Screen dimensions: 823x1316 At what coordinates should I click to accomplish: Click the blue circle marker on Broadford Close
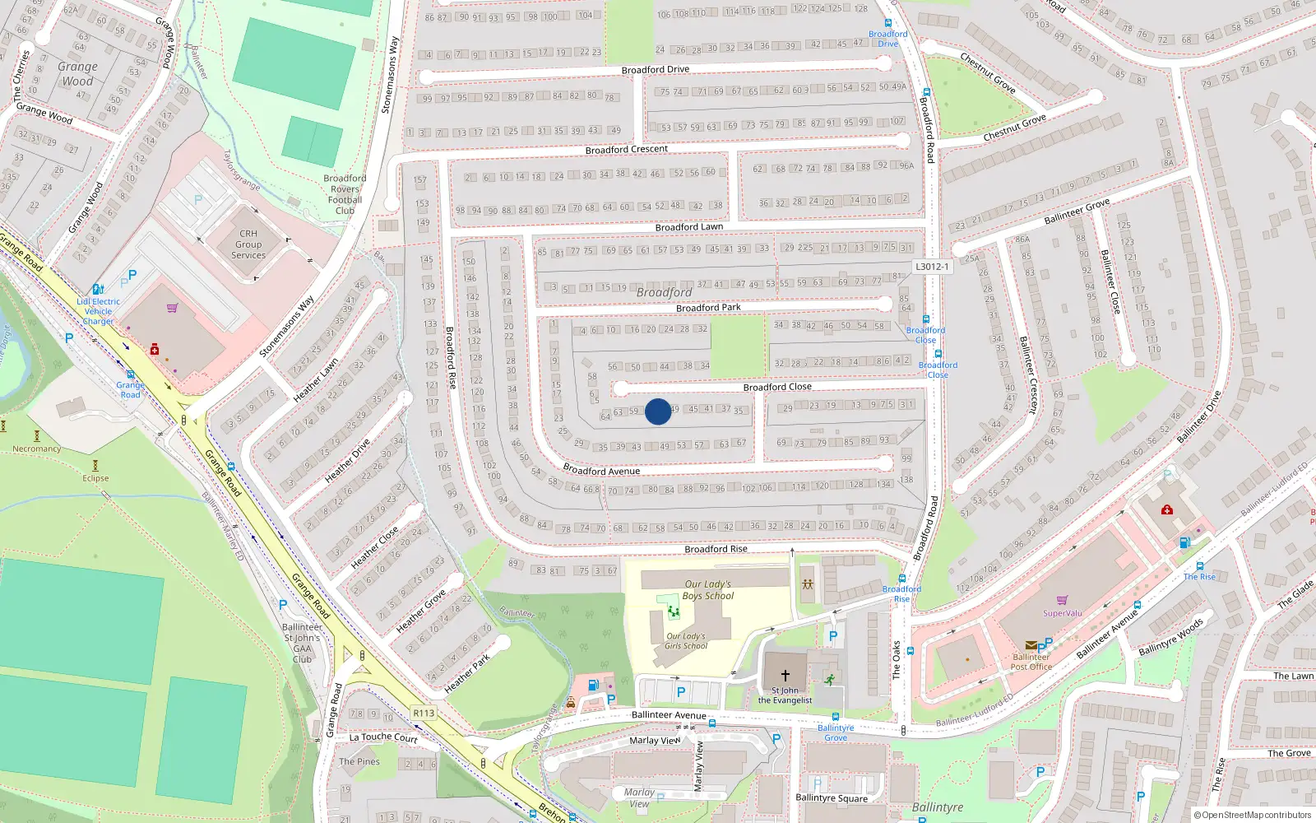pyautogui.click(x=657, y=411)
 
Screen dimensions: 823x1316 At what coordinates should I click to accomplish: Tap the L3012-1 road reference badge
pyautogui.click(x=932, y=267)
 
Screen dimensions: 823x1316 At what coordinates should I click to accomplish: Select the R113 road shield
pyautogui.click(x=424, y=713)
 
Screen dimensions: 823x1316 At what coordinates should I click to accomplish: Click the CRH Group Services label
pyautogui.click(x=248, y=244)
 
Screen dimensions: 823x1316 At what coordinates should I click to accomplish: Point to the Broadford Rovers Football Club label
pyautogui.click(x=345, y=194)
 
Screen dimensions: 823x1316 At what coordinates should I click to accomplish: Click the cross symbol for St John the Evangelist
pyautogui.click(x=785, y=675)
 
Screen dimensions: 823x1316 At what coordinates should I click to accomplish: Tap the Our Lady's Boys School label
pyautogui.click(x=707, y=590)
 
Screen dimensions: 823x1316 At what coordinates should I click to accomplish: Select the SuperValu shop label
pyautogui.click(x=1062, y=613)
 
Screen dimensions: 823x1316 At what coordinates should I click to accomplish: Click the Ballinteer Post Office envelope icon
pyautogui.click(x=1031, y=645)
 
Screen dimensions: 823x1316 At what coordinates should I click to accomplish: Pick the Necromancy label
pyautogui.click(x=36, y=449)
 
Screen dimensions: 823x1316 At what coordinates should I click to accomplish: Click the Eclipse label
pyautogui.click(x=95, y=478)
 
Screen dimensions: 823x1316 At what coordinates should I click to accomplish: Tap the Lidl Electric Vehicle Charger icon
pyautogui.click(x=98, y=289)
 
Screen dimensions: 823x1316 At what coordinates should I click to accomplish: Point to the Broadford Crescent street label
pyautogui.click(x=626, y=150)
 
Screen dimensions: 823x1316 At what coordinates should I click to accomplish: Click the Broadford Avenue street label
pyautogui.click(x=601, y=471)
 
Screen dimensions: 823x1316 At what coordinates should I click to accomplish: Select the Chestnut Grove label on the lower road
pyautogui.click(x=1014, y=128)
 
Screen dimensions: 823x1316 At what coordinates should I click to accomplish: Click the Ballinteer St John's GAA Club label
pyautogui.click(x=303, y=643)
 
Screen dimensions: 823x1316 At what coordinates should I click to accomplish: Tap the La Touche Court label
pyautogui.click(x=383, y=737)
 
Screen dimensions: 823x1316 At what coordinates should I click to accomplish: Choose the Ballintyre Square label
pyautogui.click(x=831, y=797)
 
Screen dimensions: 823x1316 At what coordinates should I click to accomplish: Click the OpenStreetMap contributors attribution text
pyautogui.click(x=1253, y=816)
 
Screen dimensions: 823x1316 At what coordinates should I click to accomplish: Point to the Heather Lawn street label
pyautogui.click(x=316, y=380)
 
